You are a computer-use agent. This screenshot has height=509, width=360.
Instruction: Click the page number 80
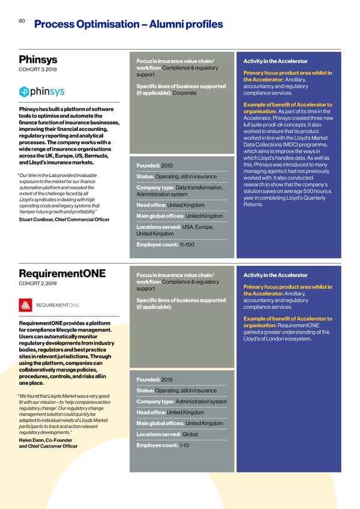coord(22,20)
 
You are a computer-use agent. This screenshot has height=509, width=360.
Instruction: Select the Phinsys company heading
coord(39,61)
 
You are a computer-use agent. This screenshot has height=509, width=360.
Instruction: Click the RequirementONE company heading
coord(62,274)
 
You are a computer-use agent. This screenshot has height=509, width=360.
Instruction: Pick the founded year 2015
coord(167,379)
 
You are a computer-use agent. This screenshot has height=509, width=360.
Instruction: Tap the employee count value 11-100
coord(188,246)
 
